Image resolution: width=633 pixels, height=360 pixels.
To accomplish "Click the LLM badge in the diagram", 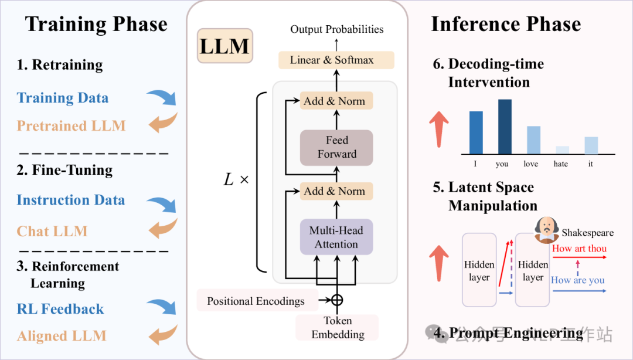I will point(225,46).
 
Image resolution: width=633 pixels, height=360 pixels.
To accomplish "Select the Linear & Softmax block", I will point(336,60).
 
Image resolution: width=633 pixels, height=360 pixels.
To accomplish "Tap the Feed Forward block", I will point(336,147).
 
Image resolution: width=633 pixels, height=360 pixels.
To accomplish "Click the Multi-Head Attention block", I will point(336,237).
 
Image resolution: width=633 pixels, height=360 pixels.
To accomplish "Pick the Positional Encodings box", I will point(256,301).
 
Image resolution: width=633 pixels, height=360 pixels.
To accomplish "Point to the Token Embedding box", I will point(337,328).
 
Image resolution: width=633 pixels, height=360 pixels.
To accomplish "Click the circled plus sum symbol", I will point(336,300).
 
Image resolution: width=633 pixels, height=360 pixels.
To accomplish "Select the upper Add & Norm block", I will point(336,101).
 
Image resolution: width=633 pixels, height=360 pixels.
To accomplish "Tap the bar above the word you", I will point(505,126).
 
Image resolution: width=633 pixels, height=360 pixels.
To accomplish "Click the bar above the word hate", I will point(562,150).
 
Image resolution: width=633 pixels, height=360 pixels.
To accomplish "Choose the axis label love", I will point(531,164).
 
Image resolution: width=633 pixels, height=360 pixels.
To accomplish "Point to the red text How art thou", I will point(579,249).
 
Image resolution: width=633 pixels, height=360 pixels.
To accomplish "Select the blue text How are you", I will point(577,280).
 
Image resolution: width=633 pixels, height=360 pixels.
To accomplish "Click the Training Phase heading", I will point(96,25).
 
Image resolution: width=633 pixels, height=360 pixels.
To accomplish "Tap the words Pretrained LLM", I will point(71,125).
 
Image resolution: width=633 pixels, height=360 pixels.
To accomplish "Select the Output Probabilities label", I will point(337,29).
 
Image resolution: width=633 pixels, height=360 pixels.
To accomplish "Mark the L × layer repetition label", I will point(236,179).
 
